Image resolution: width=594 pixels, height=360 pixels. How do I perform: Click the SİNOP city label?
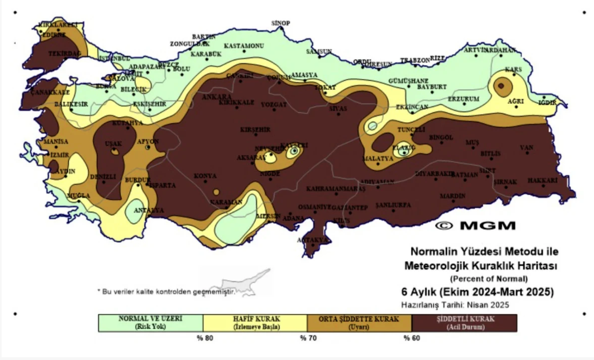[x=281, y=23]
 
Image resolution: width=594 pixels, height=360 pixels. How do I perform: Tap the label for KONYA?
[x=205, y=176]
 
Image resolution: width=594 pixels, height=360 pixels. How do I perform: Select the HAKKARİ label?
[x=542, y=180]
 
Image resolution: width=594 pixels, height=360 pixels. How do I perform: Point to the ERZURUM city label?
[x=463, y=99]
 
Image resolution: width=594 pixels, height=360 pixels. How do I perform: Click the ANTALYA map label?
[x=148, y=210]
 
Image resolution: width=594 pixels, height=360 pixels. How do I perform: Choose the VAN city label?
[x=526, y=147]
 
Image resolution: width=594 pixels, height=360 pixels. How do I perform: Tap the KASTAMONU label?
[x=244, y=46]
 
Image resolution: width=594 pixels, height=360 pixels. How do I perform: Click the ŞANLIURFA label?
[x=393, y=205]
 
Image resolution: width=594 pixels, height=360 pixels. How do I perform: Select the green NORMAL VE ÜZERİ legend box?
[x=150, y=323]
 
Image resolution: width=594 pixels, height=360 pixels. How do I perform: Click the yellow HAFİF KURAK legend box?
[x=255, y=323]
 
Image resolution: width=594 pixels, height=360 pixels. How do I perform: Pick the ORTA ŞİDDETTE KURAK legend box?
[x=359, y=323]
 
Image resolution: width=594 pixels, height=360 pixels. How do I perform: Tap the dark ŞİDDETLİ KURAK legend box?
[x=465, y=323]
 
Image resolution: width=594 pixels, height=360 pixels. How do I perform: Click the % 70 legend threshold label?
[x=308, y=338]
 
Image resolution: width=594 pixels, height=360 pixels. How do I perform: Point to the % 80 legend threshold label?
[x=205, y=338]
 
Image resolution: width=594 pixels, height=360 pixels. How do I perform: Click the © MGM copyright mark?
[x=475, y=225]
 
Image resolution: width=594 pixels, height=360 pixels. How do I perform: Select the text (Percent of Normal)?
[x=489, y=279]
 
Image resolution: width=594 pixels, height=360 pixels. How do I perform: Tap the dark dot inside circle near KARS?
[x=501, y=86]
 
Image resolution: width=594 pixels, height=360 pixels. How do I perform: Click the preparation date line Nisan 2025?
[x=455, y=305]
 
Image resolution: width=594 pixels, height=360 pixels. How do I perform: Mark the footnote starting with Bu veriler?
[x=167, y=292]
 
